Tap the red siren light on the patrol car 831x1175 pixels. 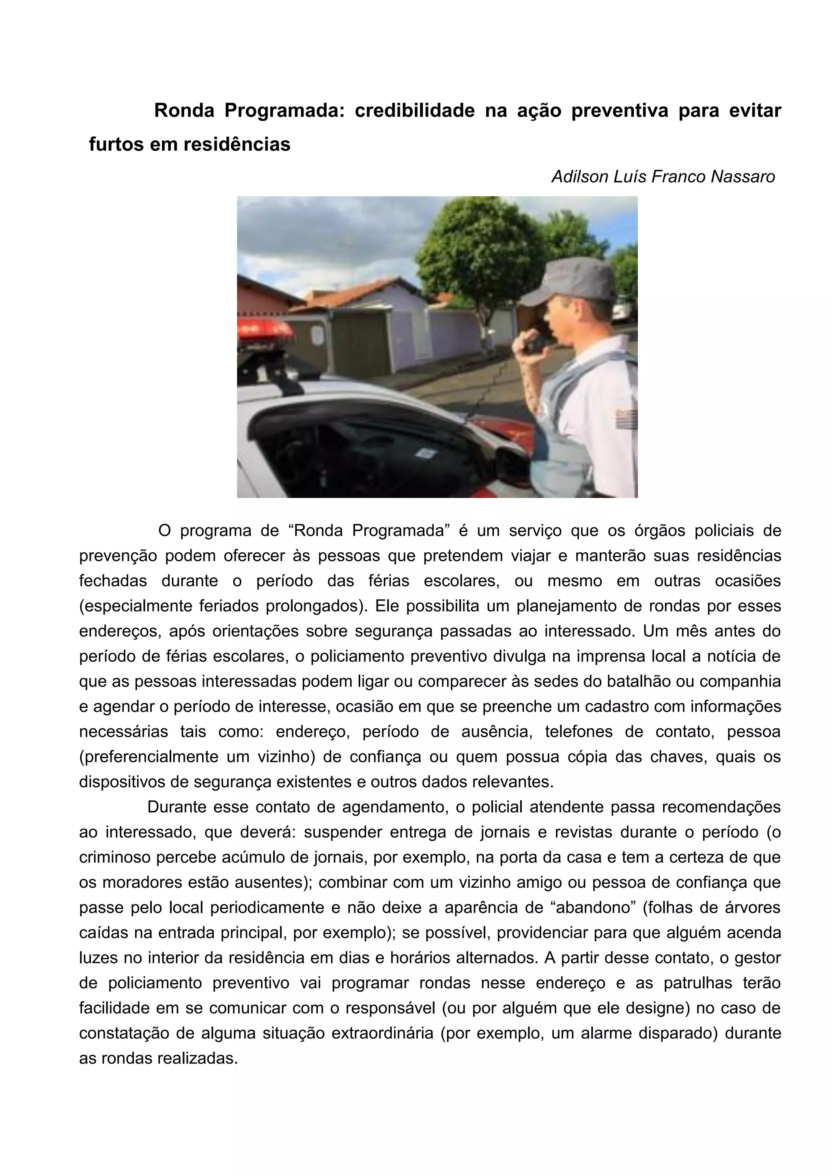263,327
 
